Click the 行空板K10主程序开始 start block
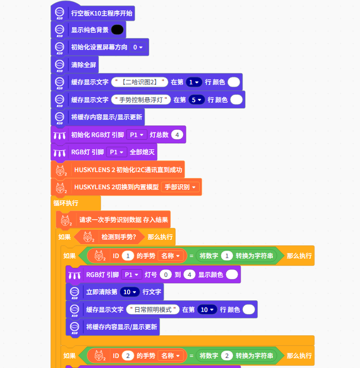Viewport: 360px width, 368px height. (x=102, y=13)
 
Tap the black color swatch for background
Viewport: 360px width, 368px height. (x=117, y=29)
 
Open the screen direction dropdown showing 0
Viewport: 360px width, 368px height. (x=138, y=47)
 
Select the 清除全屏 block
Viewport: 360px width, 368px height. (x=84, y=65)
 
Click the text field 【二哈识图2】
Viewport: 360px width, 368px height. (x=140, y=82)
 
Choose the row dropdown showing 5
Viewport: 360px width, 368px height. (x=196, y=100)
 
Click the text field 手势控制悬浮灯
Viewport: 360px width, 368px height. (x=141, y=100)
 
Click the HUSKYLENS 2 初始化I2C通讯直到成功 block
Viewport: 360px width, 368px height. (x=128, y=169)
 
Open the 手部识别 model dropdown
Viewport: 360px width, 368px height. (x=180, y=187)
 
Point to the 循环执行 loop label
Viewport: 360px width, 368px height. (x=66, y=203)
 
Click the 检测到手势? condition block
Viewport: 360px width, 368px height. (x=118, y=237)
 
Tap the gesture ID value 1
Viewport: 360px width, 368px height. (x=128, y=256)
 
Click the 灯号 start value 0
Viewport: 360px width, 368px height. (x=164, y=274)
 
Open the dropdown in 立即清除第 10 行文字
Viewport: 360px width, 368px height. (x=129, y=291)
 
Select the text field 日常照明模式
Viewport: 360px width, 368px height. (x=153, y=309)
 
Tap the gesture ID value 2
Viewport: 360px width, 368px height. (x=128, y=355)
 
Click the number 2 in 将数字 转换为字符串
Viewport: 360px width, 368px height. (x=226, y=355)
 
